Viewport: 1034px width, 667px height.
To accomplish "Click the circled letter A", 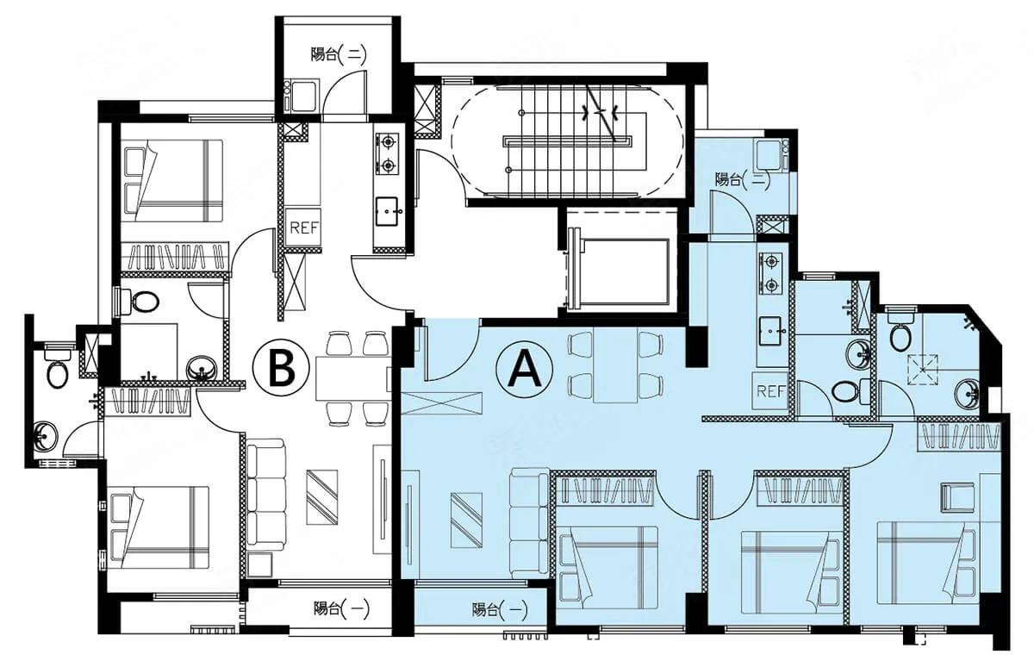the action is (x=524, y=368).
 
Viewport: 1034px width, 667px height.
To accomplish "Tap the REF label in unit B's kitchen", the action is (x=303, y=228).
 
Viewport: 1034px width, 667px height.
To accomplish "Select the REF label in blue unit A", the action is (x=770, y=391).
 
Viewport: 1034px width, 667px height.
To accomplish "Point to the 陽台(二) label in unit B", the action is (x=339, y=55).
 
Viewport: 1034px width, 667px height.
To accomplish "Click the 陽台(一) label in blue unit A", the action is (x=500, y=610).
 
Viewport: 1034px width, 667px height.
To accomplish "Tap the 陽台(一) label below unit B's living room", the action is (x=341, y=609).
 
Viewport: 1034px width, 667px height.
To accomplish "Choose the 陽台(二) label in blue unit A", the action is (x=743, y=179).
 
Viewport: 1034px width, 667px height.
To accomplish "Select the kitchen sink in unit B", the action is (x=387, y=211).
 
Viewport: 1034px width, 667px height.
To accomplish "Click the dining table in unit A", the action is (x=616, y=365).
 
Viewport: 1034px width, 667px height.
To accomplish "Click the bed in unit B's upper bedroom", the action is (x=173, y=181).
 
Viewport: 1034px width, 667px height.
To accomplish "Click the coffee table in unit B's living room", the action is (x=321, y=497).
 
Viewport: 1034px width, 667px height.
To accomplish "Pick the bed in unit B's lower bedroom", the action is (x=159, y=527).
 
